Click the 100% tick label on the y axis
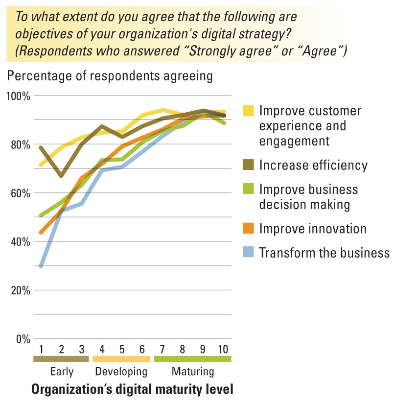[x=19, y=96]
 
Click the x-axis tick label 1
[x=42, y=350]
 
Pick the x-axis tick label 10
[x=222, y=350]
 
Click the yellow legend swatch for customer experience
[x=249, y=111]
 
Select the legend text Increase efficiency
[x=313, y=165]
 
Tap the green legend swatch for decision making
[x=249, y=189]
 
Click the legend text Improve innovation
[x=313, y=228]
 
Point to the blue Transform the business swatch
[x=249, y=253]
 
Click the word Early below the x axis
[x=61, y=371]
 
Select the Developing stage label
[x=121, y=371]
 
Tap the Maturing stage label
[x=193, y=371]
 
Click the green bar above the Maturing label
[x=192, y=359]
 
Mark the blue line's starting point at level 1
[x=42, y=266]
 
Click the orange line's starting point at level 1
[x=42, y=233]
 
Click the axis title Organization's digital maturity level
[x=132, y=390]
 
